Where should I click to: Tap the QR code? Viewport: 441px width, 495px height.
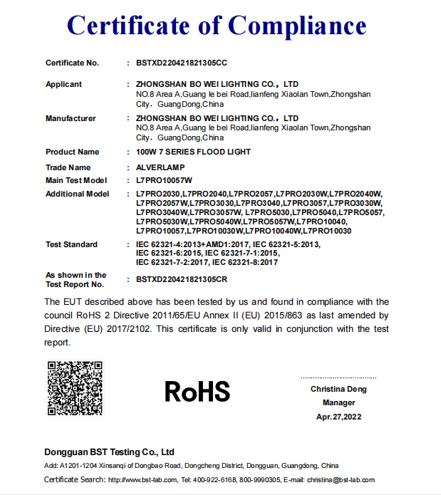click(75, 389)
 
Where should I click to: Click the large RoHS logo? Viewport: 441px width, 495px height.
click(197, 391)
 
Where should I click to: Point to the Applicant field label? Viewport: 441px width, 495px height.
click(63, 84)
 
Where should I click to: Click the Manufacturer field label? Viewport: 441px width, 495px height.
click(71, 118)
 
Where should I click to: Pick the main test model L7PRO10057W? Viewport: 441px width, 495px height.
click(165, 180)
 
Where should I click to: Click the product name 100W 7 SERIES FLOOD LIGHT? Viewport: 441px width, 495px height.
click(193, 152)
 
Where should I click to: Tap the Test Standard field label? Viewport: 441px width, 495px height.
click(71, 244)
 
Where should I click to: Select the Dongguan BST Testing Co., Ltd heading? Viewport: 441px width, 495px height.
click(109, 452)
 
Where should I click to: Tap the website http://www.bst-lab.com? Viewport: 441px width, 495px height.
click(140, 480)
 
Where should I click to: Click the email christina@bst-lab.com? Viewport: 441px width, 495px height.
click(346, 480)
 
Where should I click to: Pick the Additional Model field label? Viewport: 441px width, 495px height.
click(77, 194)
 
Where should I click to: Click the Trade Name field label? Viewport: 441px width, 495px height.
click(68, 167)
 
